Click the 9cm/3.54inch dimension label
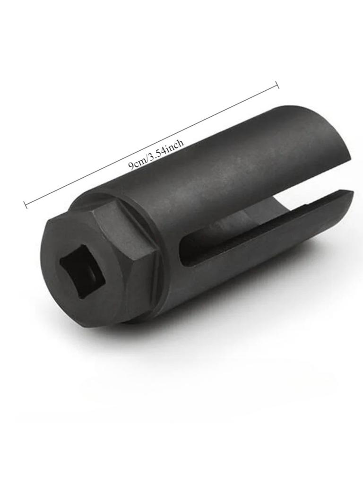coord(156,153)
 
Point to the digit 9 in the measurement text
coord(131,166)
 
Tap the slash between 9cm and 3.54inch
coord(146,159)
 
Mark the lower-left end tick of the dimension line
coord(26,205)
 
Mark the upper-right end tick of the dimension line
coord(277,85)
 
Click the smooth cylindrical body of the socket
coord(222,165)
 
